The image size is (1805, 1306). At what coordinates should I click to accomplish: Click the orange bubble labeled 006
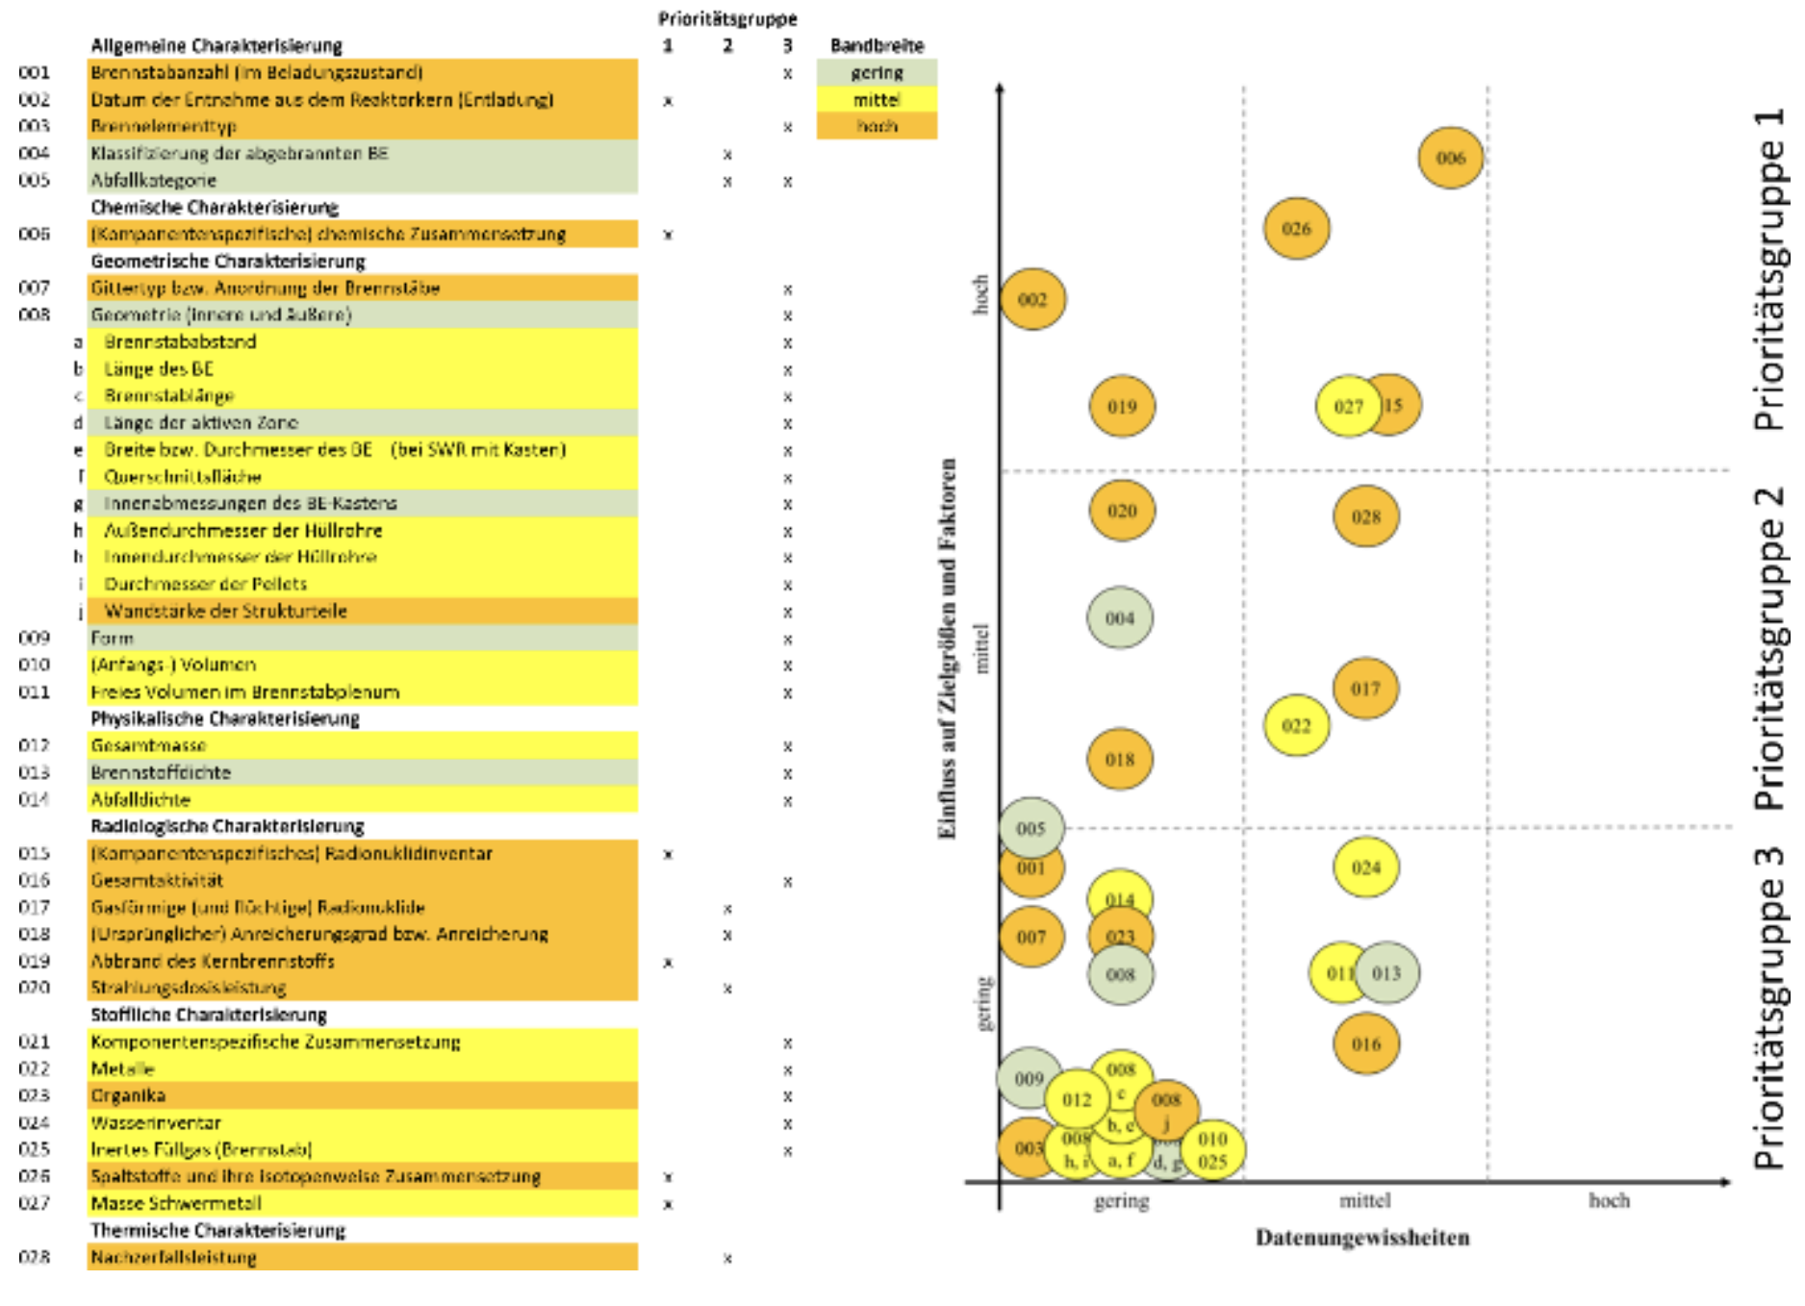tap(1450, 158)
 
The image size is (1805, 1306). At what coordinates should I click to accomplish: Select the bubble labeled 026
tap(1296, 229)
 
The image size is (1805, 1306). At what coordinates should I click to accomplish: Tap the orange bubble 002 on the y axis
tap(1032, 299)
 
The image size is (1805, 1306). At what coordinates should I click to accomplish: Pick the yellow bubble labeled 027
tap(1347, 407)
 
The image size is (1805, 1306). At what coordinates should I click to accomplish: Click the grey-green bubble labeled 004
tap(1120, 618)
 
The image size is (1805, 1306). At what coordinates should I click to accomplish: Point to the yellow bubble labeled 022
tap(1296, 726)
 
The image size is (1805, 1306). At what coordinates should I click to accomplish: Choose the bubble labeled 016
tap(1366, 1044)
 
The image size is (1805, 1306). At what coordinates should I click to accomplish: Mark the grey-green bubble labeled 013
tap(1387, 973)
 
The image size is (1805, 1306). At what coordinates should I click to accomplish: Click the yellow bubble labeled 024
tap(1366, 867)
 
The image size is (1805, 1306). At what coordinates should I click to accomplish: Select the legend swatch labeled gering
tap(877, 73)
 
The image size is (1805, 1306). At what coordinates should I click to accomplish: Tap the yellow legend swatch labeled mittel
tap(877, 100)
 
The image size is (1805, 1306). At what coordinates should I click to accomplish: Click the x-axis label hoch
tap(1609, 1200)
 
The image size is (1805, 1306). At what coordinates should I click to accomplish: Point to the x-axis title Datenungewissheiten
tap(1362, 1238)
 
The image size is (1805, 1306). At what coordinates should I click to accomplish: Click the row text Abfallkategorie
tap(154, 181)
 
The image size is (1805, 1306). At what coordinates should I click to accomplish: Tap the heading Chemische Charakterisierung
tap(215, 208)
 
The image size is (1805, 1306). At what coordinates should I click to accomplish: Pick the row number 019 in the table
tap(34, 961)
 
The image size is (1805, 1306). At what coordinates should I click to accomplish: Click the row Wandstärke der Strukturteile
tap(226, 611)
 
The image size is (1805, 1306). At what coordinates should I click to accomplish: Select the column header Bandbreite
tap(877, 45)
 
